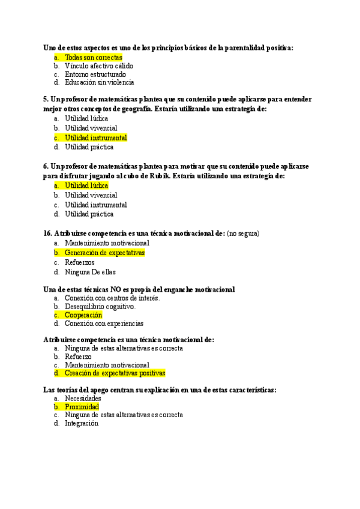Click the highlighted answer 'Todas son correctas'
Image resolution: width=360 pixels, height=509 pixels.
point(93,57)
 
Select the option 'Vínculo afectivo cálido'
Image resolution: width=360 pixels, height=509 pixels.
point(99,65)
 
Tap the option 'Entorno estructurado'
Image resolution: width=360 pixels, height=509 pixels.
point(95,74)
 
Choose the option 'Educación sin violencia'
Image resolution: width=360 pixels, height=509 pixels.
point(99,83)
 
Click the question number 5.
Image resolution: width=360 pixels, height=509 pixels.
point(46,100)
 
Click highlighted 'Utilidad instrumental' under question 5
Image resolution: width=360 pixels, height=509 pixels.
point(96,137)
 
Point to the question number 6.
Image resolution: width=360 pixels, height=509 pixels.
point(46,166)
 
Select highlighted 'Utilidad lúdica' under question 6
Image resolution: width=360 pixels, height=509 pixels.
point(86,185)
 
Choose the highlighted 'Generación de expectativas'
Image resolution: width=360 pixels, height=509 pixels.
point(104,253)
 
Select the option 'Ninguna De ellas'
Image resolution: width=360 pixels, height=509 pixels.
point(90,272)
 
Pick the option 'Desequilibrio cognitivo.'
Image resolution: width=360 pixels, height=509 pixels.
point(100,306)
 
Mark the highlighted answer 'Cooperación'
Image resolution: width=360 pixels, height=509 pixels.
point(83,315)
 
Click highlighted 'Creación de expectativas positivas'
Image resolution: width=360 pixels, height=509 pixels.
point(115,373)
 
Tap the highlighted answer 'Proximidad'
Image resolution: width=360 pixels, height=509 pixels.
point(82,406)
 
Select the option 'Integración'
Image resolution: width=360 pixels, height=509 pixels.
point(81,423)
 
